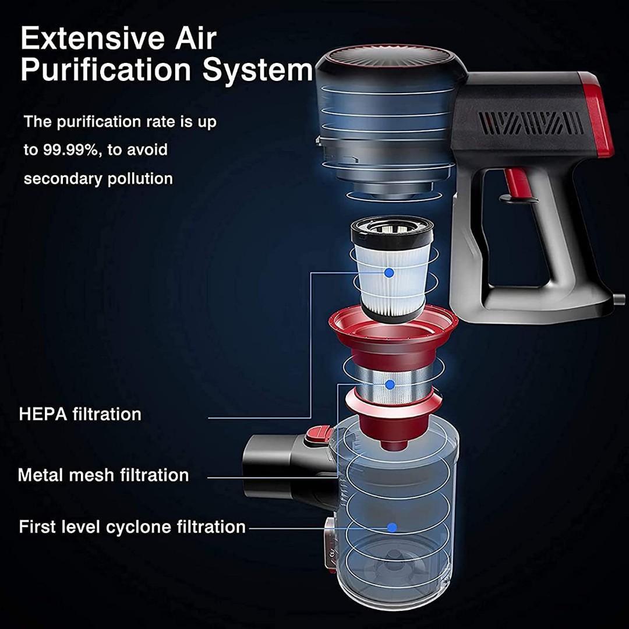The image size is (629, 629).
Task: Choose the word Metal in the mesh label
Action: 40,475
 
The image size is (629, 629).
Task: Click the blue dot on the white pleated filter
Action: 389,272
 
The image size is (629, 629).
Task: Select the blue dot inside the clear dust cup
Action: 392,527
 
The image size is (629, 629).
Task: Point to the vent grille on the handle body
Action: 530,123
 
